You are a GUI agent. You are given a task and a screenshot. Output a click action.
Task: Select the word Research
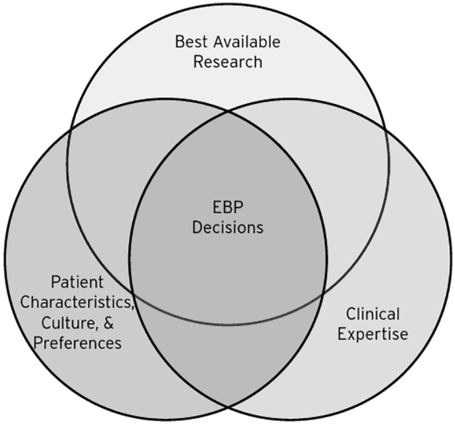tap(227, 62)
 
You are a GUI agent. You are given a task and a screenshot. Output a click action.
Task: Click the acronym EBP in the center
tap(227, 206)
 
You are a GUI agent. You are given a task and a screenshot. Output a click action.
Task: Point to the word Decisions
tap(227, 227)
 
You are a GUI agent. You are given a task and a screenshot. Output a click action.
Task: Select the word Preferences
tap(70, 343)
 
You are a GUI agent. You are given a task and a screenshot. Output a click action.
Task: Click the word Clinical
tap(373, 314)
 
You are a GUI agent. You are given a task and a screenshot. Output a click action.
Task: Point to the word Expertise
tap(373, 334)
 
